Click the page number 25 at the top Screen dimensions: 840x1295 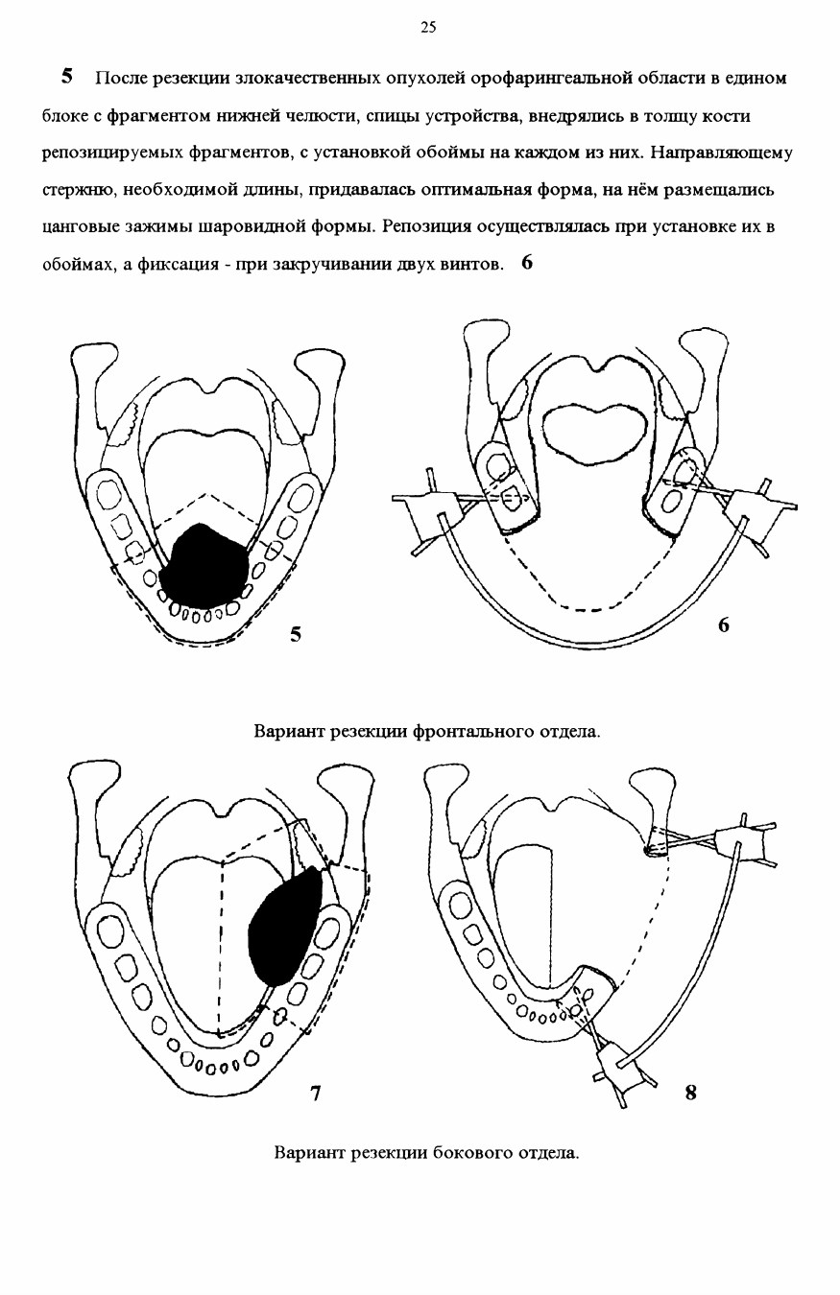tap(428, 27)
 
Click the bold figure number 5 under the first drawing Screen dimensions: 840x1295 tap(296, 635)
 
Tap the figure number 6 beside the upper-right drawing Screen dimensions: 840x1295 tap(724, 624)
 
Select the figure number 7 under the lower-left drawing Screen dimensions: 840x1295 tap(315, 1094)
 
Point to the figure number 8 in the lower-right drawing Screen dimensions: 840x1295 tap(691, 1094)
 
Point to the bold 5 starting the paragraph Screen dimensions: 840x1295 tap(67, 77)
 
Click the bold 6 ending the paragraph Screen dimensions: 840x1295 tap(527, 263)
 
